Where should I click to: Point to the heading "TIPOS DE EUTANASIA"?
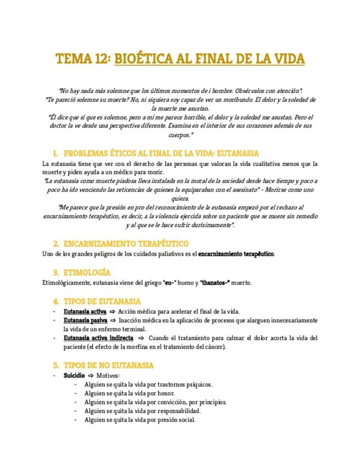coord(102,302)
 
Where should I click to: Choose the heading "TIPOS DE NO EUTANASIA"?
coord(109,365)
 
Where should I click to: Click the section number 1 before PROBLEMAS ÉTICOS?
coord(55,153)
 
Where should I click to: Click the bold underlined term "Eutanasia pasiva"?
coord(85,320)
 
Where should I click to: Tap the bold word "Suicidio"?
coord(74,375)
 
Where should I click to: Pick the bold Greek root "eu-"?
coord(169,283)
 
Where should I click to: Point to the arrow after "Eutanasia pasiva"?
coord(113,320)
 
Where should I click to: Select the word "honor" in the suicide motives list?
coord(167,393)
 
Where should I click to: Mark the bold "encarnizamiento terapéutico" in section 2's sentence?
coord(236,254)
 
